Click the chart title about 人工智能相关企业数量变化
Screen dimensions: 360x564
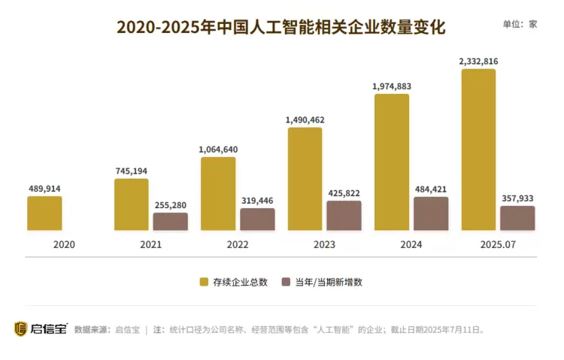coord(281,27)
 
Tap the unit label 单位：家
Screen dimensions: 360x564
coord(520,24)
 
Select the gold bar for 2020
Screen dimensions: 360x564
coord(44,213)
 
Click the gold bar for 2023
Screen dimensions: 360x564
coord(305,179)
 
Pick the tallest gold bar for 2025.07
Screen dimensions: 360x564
coord(478,150)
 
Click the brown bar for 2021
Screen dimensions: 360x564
coord(171,222)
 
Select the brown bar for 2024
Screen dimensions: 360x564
coord(431,214)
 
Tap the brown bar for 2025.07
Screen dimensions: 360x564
coord(517,218)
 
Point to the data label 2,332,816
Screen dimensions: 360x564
coord(478,61)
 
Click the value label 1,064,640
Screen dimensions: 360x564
coord(218,150)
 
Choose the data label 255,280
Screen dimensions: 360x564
coord(171,204)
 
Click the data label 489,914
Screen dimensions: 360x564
coord(44,189)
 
